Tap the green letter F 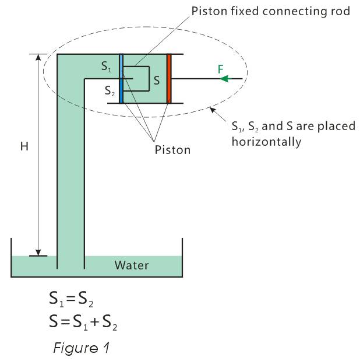220,69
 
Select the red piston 169,78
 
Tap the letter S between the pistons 156,79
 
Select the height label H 24,147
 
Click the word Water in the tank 132,265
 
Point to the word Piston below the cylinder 172,149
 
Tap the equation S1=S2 71,302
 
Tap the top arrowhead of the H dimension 39,58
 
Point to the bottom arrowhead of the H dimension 39,251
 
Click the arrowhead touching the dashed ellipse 213,109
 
